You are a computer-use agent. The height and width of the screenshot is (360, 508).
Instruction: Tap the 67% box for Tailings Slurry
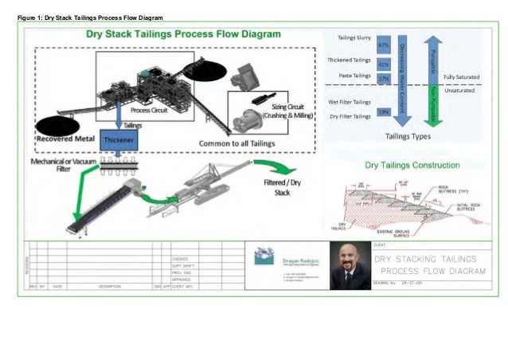pos(383,45)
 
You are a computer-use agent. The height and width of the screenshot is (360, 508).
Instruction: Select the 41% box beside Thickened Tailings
pos(383,63)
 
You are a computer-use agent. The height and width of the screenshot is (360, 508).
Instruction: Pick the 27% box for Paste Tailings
pos(383,78)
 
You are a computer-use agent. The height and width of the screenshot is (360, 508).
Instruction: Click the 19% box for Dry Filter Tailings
pos(383,112)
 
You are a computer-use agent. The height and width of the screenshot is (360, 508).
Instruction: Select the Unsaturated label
pos(460,91)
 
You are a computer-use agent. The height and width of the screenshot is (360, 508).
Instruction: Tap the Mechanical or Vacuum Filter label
pos(61,165)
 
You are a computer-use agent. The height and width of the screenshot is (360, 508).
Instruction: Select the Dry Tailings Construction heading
pos(412,166)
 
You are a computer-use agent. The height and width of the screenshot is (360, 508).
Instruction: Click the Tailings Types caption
pos(408,136)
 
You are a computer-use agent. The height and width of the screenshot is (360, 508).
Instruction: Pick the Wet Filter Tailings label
pos(349,102)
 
